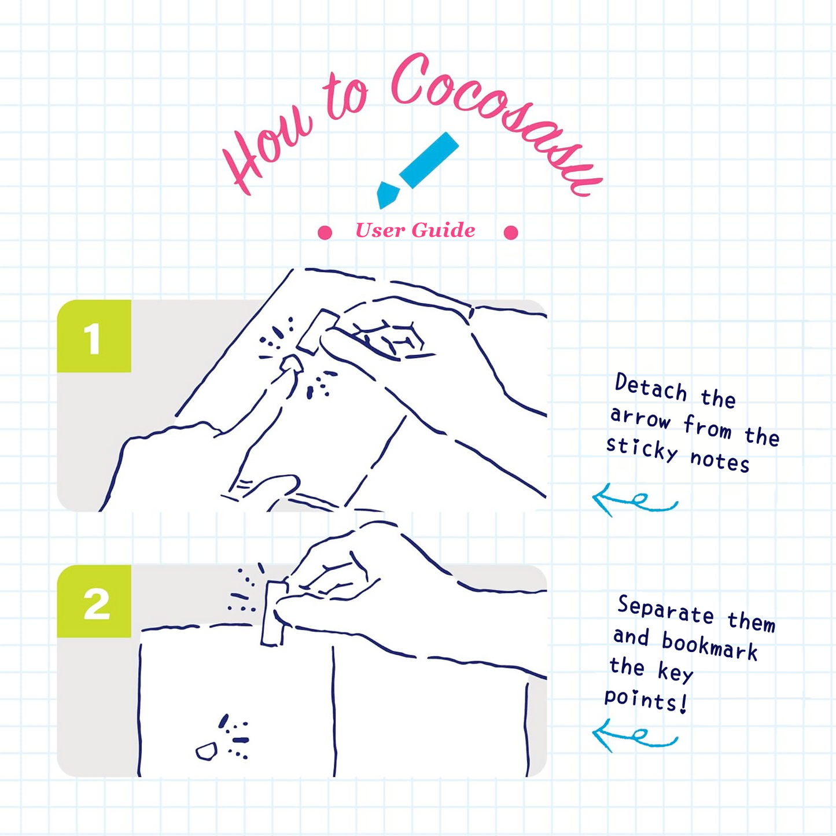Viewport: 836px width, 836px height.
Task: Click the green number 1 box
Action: (94, 336)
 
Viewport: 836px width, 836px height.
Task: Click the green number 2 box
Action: (94, 602)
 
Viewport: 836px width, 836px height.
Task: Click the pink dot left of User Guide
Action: (325, 233)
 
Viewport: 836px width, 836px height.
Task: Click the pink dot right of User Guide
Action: (511, 233)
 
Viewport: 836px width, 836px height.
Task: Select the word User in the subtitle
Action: (380, 230)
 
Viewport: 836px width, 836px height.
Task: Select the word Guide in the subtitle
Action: (443, 230)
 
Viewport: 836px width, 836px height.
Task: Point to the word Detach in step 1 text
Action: (651, 387)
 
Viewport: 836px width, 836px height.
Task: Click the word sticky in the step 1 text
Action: (642, 448)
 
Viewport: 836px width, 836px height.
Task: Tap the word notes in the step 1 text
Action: (720, 461)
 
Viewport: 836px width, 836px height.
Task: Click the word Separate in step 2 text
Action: (665, 609)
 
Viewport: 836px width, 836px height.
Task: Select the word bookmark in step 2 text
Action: (710, 646)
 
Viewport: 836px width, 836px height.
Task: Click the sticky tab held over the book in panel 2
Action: (274, 613)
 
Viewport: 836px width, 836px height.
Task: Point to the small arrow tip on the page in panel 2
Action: (207, 751)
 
